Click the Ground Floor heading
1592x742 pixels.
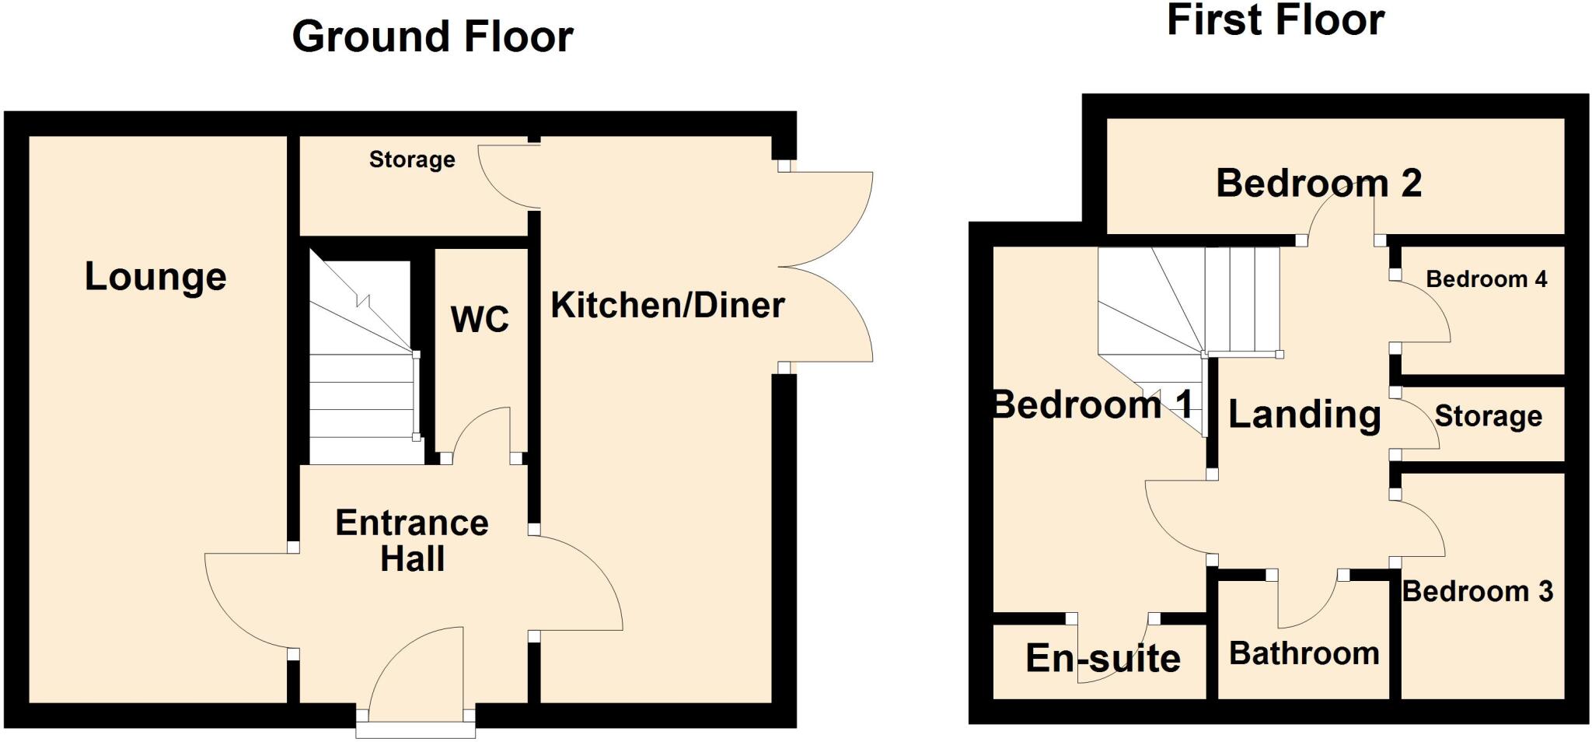[x=432, y=37]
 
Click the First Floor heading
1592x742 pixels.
[x=1275, y=20]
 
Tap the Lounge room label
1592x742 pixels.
[x=155, y=277]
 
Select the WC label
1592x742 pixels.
[x=480, y=319]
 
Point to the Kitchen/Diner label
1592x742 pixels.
[x=668, y=305]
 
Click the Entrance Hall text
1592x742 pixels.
[x=412, y=541]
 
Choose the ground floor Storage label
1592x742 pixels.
[x=412, y=159]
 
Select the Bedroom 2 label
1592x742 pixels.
[x=1318, y=184]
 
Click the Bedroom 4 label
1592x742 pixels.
[x=1486, y=279]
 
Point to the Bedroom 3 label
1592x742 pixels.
[x=1477, y=592]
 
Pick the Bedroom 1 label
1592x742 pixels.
[x=1092, y=405]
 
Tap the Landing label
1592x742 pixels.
[x=1304, y=415]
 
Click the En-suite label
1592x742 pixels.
[x=1103, y=659]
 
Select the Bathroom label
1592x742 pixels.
[x=1304, y=653]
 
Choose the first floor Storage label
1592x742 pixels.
[x=1488, y=416]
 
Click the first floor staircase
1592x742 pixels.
[x=1189, y=303]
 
